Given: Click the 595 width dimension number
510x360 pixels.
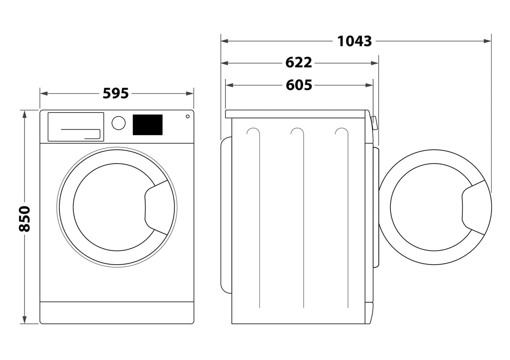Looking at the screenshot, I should click(x=116, y=94).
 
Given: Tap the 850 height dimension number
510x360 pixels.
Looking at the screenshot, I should click(x=25, y=219).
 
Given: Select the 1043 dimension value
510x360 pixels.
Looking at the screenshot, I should click(x=354, y=41).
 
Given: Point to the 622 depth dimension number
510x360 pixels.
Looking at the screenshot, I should click(x=298, y=63).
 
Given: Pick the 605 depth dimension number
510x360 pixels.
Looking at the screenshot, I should click(x=299, y=85).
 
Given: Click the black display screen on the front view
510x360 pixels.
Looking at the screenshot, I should click(x=148, y=125).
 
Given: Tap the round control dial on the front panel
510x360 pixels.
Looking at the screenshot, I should click(x=118, y=123).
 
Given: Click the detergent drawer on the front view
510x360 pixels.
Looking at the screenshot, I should click(x=76, y=127).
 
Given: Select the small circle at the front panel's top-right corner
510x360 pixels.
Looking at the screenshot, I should click(x=187, y=116).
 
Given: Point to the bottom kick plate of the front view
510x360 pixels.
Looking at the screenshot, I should click(x=117, y=312).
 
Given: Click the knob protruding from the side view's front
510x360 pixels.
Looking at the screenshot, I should click(x=374, y=123).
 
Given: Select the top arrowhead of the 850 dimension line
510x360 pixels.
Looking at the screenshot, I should click(x=25, y=113).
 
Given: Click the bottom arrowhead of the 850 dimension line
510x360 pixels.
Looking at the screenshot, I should click(x=25, y=320).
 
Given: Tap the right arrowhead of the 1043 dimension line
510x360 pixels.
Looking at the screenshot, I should click(x=488, y=41).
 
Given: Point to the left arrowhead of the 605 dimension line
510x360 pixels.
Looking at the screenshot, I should click(x=229, y=85).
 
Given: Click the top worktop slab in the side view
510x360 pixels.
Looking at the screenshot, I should click(x=295, y=114).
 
